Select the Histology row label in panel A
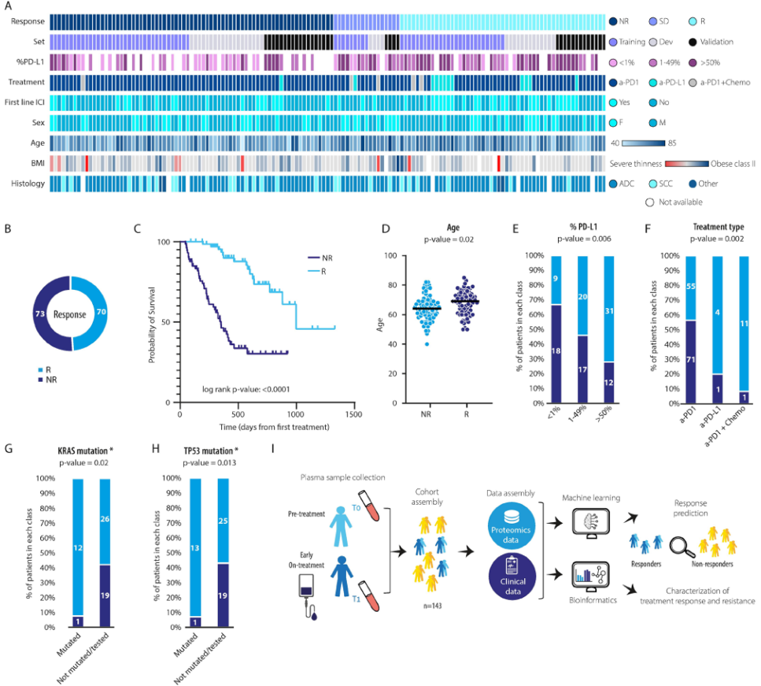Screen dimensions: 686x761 (x=27, y=184)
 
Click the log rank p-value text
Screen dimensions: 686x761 (x=256, y=388)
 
